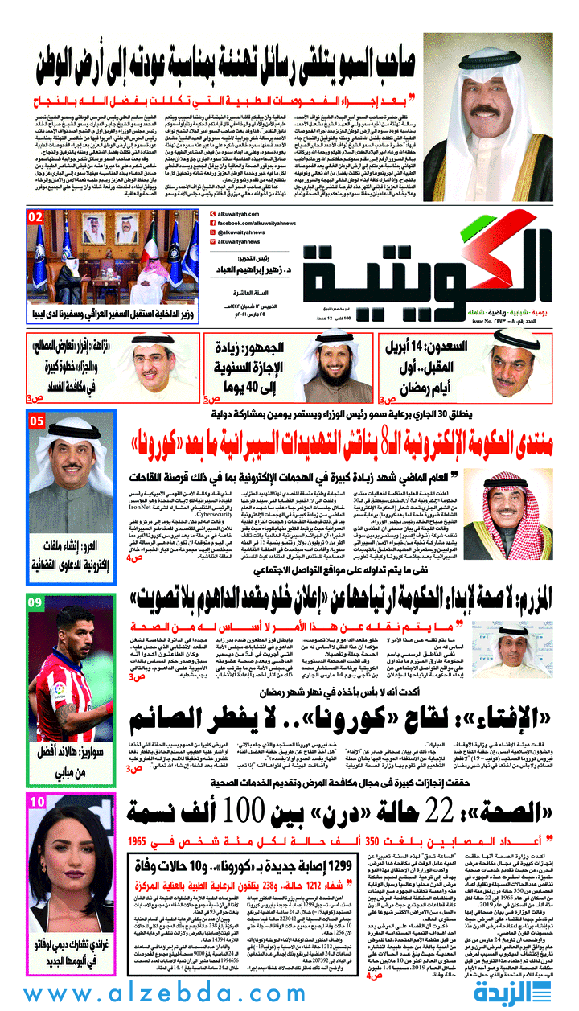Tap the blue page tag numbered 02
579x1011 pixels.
click(35, 218)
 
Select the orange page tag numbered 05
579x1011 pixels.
click(36, 421)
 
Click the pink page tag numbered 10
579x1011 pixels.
click(36, 802)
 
